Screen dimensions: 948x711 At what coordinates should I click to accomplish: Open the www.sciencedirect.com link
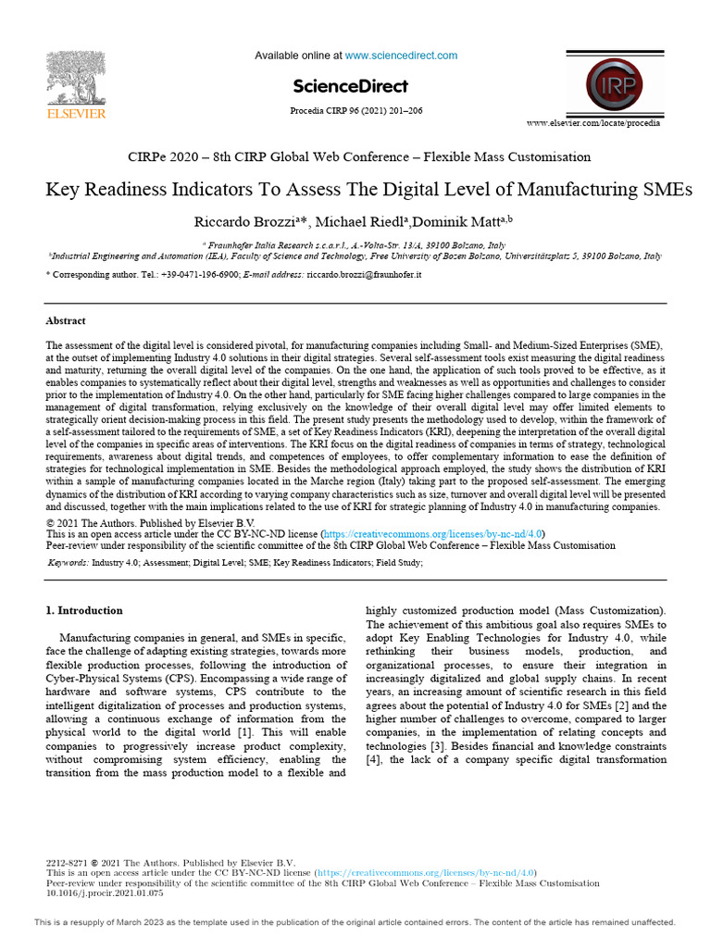click(x=401, y=56)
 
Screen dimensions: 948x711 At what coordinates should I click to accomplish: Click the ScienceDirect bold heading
click(x=350, y=87)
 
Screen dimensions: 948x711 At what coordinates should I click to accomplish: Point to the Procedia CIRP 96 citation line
click(x=356, y=111)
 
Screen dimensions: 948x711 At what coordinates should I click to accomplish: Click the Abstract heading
click(x=66, y=321)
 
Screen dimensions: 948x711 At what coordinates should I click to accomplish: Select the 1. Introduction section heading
click(x=84, y=611)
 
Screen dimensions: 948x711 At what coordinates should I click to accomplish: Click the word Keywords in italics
click(x=68, y=562)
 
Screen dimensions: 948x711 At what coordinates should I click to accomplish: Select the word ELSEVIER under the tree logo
click(x=76, y=114)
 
